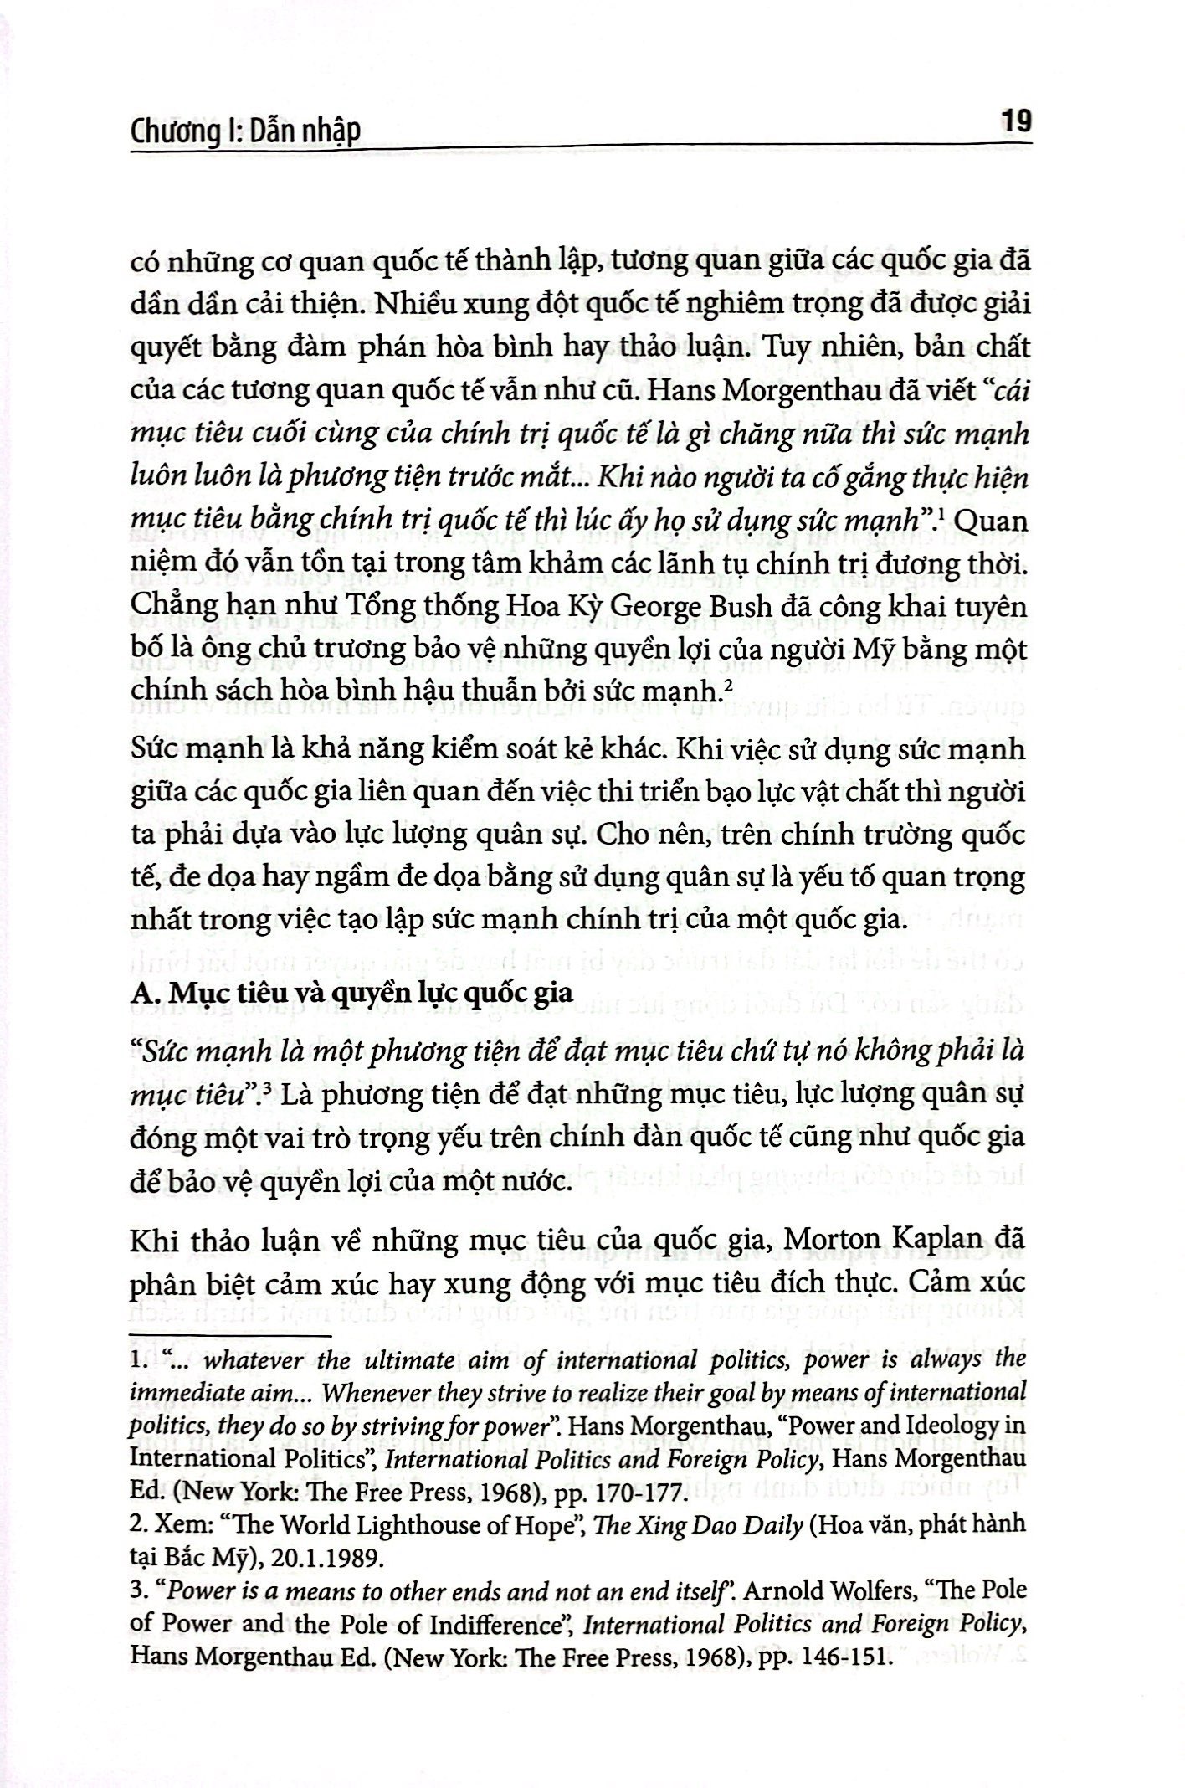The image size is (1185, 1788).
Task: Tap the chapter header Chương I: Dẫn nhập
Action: [246, 131]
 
